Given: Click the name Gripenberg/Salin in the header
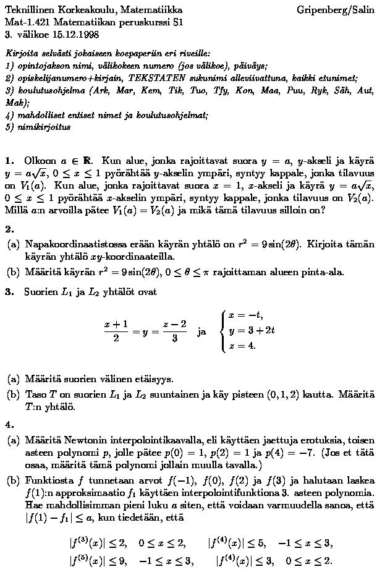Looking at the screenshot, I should (334, 10).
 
